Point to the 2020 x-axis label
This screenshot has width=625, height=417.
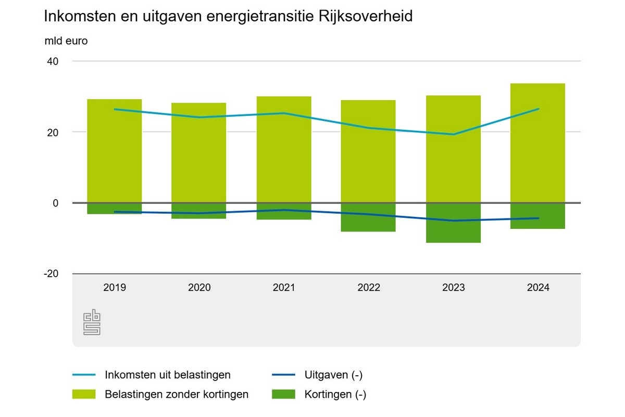pyautogui.click(x=199, y=288)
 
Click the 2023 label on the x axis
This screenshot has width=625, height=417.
pyautogui.click(x=453, y=288)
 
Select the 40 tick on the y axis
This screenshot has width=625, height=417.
pyautogui.click(x=54, y=62)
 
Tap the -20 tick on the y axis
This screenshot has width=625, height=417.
pyautogui.click(x=52, y=274)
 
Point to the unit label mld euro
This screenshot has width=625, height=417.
pyautogui.click(x=66, y=41)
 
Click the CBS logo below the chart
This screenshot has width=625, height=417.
pyautogui.click(x=92, y=323)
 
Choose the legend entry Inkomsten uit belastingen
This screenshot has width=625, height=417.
pyautogui.click(x=167, y=375)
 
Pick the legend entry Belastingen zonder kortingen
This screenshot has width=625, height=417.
pyautogui.click(x=177, y=395)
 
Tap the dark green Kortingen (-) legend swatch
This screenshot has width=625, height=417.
pyautogui.click(x=283, y=395)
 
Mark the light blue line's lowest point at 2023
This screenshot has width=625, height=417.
pyautogui.click(x=453, y=134)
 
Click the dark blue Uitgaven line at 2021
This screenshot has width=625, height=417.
pyautogui.click(x=284, y=210)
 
